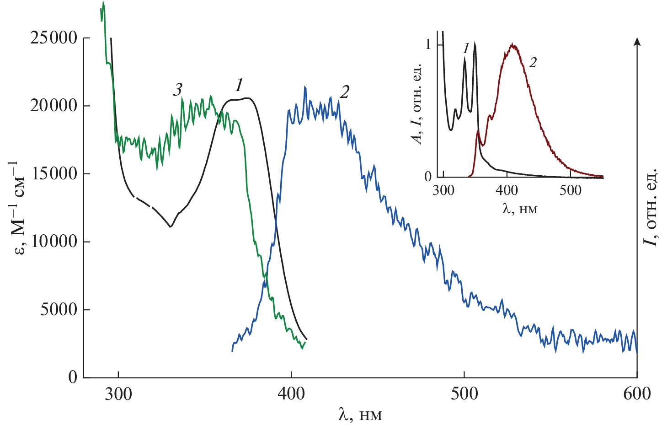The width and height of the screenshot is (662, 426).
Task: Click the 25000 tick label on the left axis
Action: point(53,38)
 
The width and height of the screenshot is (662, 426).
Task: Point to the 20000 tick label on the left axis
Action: point(53,106)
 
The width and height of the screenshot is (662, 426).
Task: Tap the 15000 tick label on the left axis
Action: point(53,173)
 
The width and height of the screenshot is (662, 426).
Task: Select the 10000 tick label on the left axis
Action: point(53,242)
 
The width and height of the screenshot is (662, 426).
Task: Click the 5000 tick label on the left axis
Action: point(59,310)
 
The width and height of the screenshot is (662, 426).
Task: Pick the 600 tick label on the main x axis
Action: point(637,394)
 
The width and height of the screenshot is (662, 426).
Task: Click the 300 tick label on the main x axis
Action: point(118,394)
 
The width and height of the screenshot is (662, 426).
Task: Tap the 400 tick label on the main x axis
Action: point(291,394)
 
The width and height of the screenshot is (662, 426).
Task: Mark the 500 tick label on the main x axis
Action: point(464,394)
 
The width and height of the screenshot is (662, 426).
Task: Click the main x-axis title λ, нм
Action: point(360,414)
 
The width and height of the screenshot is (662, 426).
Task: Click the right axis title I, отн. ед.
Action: point(651,206)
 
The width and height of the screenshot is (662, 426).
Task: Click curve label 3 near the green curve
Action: point(177,90)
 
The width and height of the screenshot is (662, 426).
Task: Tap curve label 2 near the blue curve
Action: point(344,92)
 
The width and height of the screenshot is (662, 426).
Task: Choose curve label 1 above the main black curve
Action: point(239,85)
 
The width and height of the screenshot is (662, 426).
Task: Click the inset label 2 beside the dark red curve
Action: point(533,62)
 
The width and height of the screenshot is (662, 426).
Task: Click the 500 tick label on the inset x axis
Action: point(570,190)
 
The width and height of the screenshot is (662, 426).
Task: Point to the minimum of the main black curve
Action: point(170,226)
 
